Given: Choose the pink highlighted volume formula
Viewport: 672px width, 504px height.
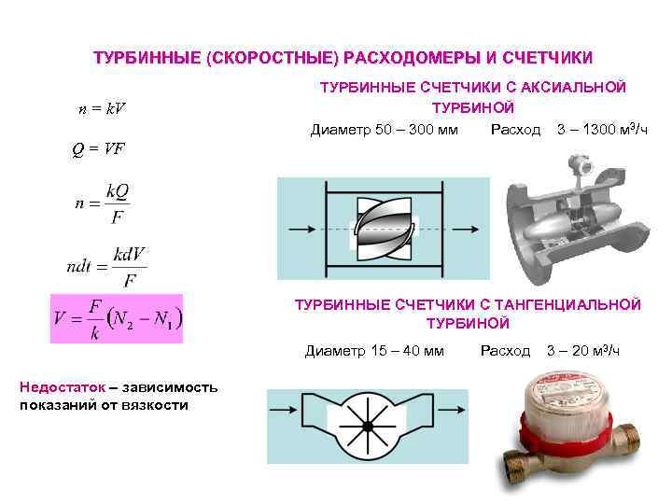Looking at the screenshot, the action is coord(117,320).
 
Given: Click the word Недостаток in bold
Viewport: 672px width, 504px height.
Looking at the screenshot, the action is coord(60,387).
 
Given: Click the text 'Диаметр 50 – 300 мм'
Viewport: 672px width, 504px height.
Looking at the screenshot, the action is coord(384,128).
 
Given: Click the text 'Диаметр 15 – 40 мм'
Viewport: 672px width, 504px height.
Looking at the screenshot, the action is coord(374,351).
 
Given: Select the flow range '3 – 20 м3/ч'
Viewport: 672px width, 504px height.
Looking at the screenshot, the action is coord(582,351).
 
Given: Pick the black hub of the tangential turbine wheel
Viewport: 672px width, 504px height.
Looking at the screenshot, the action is coord(367,426).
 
